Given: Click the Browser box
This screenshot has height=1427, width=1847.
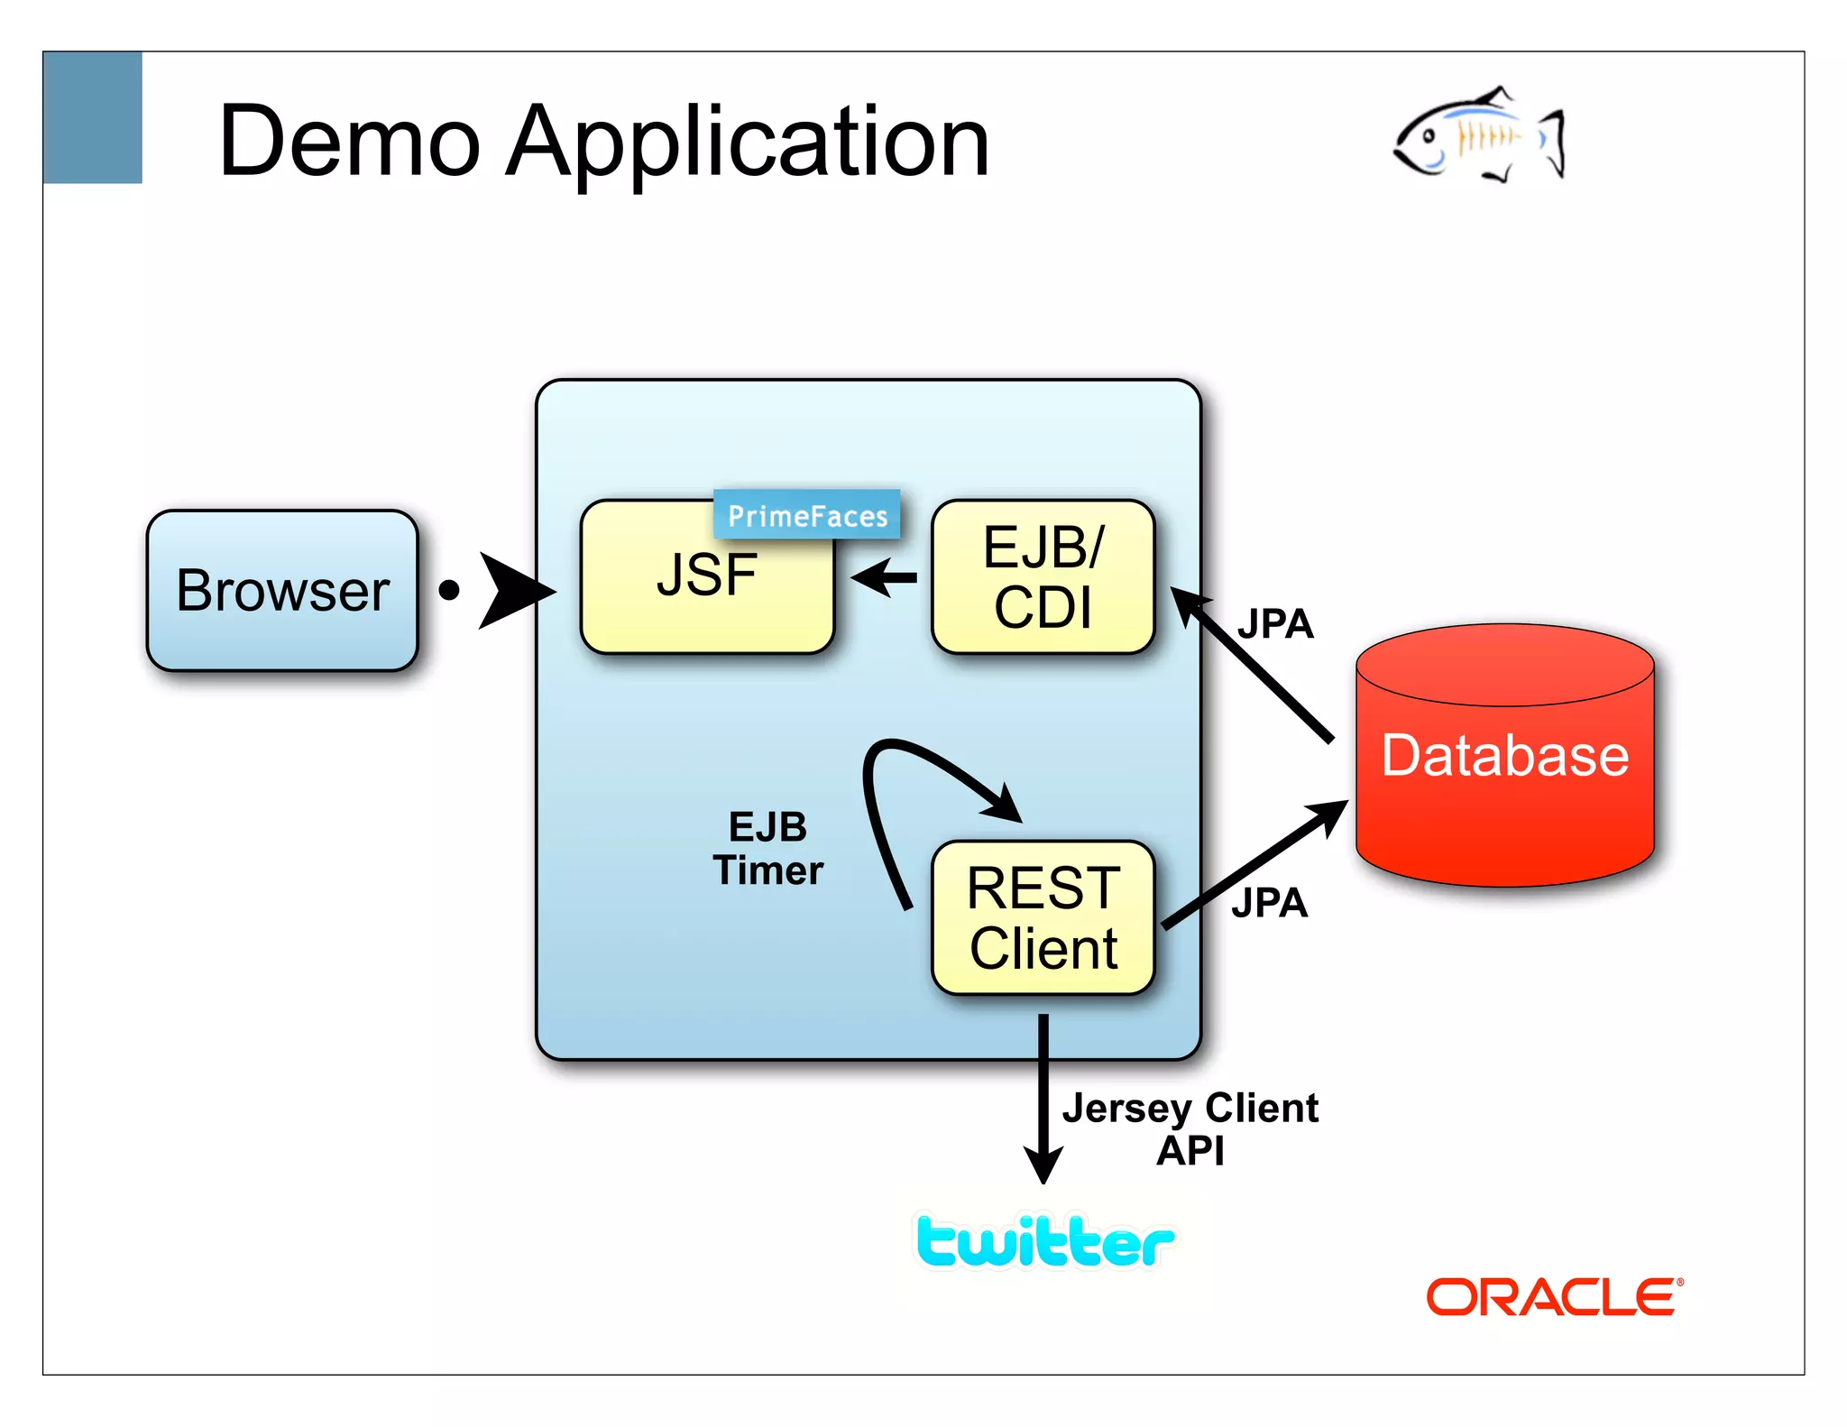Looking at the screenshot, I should [x=282, y=591].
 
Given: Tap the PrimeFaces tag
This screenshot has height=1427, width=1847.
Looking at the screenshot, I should [x=806, y=515].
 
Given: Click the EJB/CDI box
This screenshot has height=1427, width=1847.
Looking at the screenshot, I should [x=1043, y=576].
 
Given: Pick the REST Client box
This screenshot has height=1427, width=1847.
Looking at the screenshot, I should [x=1043, y=917].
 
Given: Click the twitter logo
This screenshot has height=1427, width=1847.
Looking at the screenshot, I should [x=1044, y=1242].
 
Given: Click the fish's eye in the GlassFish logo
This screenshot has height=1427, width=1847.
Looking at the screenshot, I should [x=1429, y=137].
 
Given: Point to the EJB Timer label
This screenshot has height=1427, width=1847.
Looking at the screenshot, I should [x=767, y=849].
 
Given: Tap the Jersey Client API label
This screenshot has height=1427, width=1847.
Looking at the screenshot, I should [x=1190, y=1128].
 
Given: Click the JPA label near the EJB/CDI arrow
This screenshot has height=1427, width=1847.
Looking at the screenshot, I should [x=1274, y=624].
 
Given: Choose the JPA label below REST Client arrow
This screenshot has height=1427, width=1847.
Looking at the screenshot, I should [x=1269, y=903].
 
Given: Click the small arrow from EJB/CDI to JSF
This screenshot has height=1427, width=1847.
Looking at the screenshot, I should [x=884, y=577].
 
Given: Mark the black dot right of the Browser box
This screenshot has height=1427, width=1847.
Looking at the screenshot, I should [x=449, y=591].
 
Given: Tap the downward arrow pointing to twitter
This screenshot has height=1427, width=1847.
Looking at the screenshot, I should [x=1043, y=1100].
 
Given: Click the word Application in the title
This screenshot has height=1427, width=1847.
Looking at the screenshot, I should [x=748, y=142].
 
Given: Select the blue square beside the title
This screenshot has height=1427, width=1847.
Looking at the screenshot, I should [x=92, y=117].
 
